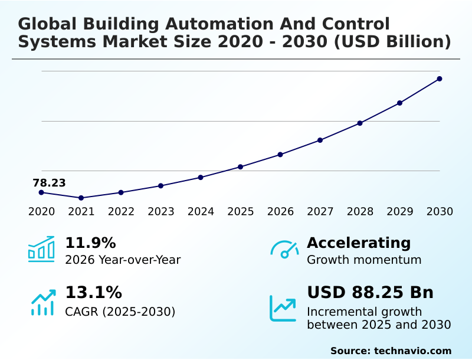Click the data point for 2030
tap(440, 78)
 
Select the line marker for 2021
tap(81, 198)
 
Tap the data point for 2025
tap(240, 166)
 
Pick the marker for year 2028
tap(360, 123)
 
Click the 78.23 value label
tap(49, 183)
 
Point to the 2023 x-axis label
tap(160, 211)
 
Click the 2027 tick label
tap(320, 211)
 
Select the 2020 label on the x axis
tap(41, 211)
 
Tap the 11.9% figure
tap(90, 243)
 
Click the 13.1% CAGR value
tap(93, 292)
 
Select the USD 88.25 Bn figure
tap(370, 292)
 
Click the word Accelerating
tap(359, 243)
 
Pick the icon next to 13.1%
tap(42, 302)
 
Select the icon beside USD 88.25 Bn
tap(283, 307)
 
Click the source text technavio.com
tap(412, 351)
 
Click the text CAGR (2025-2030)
tap(120, 312)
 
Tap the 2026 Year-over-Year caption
tap(123, 260)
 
